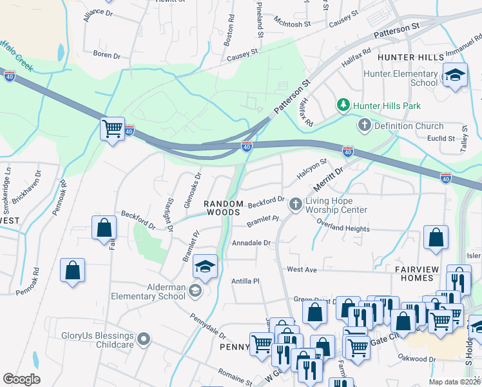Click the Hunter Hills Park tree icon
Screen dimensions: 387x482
pos(343,104)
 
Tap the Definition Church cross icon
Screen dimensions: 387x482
pos(365,126)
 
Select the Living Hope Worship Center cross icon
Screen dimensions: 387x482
pos(296,204)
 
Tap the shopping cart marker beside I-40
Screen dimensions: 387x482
pos(113,129)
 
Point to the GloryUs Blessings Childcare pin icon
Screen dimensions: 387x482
pos(144,338)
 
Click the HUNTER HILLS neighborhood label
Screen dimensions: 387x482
pos(410,57)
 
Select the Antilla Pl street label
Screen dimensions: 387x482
pos(245,281)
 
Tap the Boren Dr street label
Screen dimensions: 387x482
pos(107,55)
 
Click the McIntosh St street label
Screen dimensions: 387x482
pos(292,23)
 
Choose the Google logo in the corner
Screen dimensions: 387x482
pos(21,379)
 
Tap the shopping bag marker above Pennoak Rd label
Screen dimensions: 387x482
pos(73,270)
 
